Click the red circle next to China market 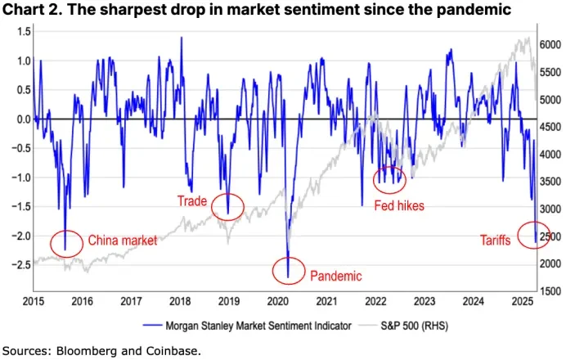click(x=66, y=243)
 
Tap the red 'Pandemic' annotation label click(x=335, y=277)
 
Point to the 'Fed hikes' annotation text click(x=399, y=206)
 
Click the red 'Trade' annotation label click(x=193, y=200)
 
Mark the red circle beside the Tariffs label click(x=534, y=236)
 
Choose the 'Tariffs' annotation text click(x=496, y=241)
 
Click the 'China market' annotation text click(x=122, y=241)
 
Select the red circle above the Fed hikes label click(x=389, y=178)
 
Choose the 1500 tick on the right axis click(x=551, y=291)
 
